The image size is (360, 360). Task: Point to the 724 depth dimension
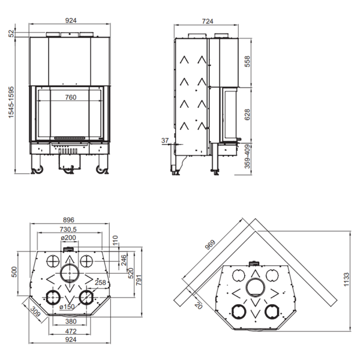(208, 21)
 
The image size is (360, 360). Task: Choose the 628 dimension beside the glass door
(248, 115)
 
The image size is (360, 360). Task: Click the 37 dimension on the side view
(165, 140)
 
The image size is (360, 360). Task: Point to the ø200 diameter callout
(68, 238)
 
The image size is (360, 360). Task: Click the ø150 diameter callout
(68, 307)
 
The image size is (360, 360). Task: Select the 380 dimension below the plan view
(70, 321)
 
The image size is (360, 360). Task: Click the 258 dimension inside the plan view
(100, 283)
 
